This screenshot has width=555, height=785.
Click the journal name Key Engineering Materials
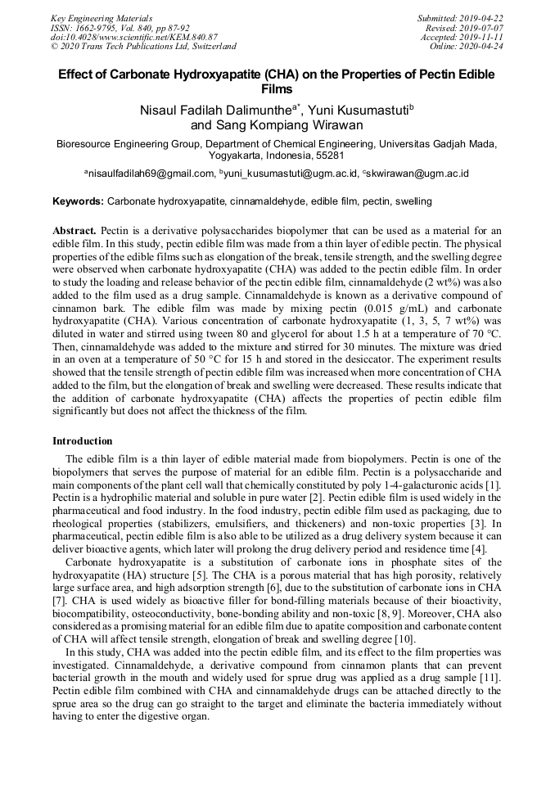(x=102, y=17)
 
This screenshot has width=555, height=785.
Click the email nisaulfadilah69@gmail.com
(x=152, y=174)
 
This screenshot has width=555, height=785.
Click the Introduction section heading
(x=83, y=442)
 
